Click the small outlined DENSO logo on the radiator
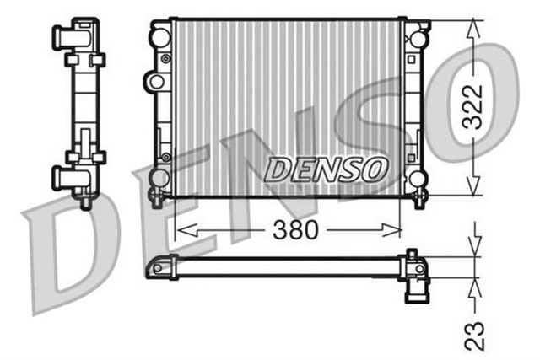pyautogui.click(x=325, y=169)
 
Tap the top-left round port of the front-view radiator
pyautogui.click(x=159, y=37)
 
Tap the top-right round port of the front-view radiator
pyautogui.click(x=416, y=38)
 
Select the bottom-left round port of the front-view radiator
pyautogui.click(x=159, y=178)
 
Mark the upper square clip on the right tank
pyautogui.click(x=413, y=62)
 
